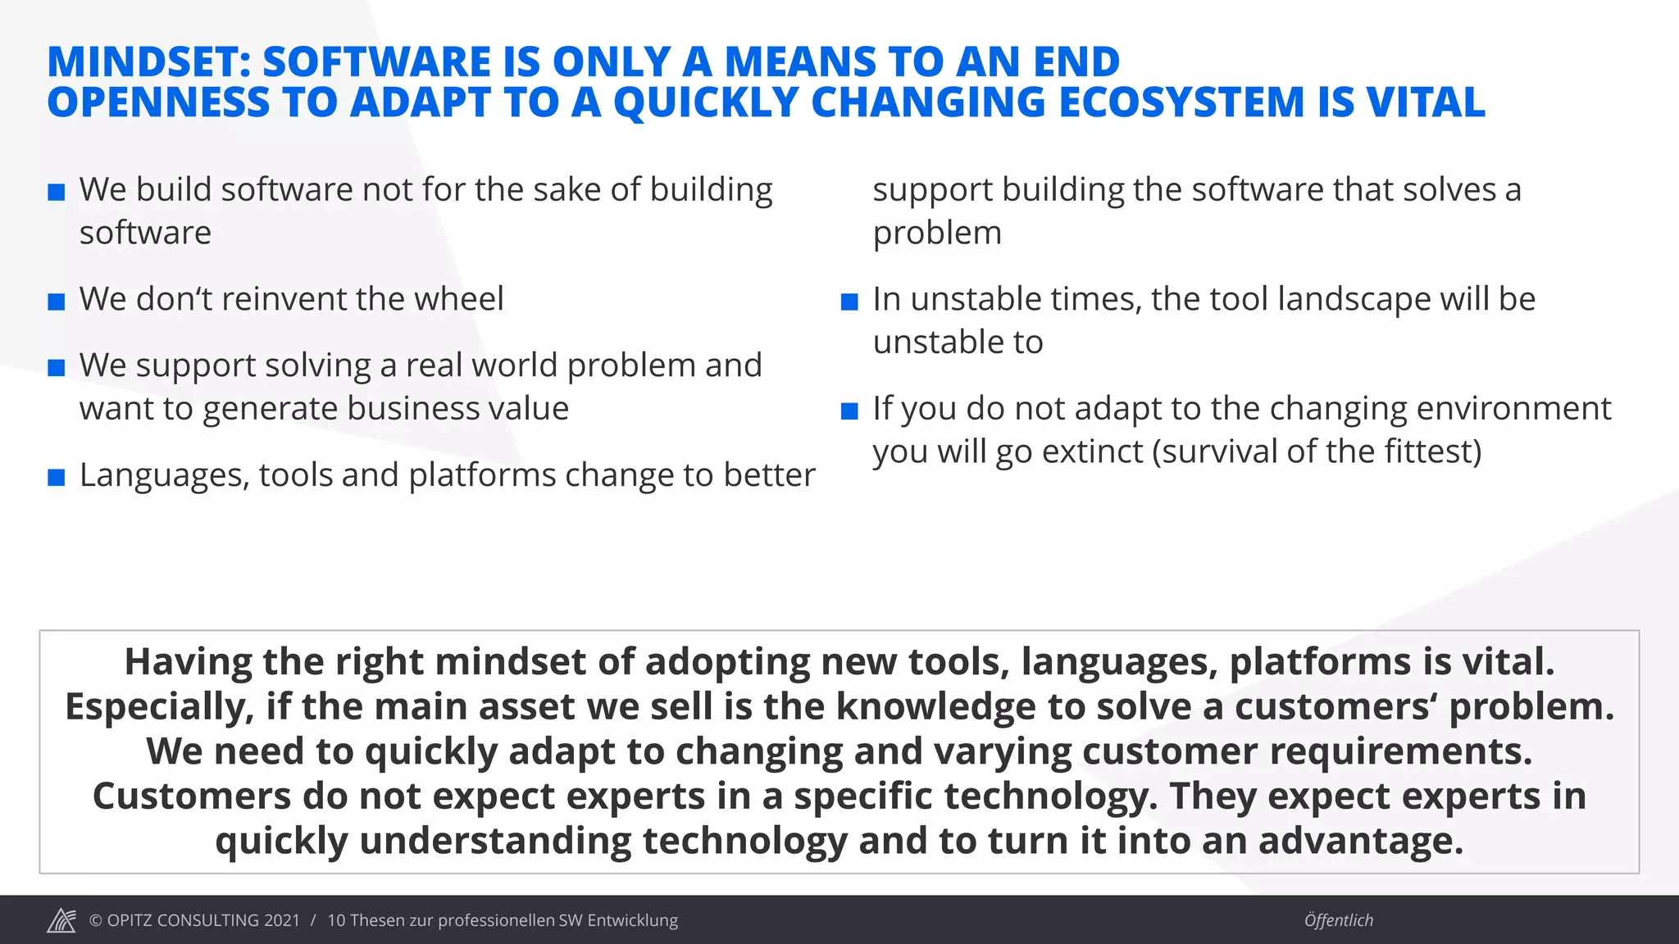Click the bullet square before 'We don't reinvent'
click(x=57, y=302)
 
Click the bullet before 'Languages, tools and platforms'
click(x=57, y=477)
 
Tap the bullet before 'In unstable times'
click(x=849, y=302)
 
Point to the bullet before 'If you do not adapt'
click(x=849, y=411)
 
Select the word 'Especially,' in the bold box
click(x=160, y=707)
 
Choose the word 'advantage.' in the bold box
click(x=1361, y=841)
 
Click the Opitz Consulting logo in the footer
click(x=61, y=920)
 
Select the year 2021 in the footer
click(x=281, y=920)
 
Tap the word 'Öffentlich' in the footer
click(x=1338, y=920)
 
